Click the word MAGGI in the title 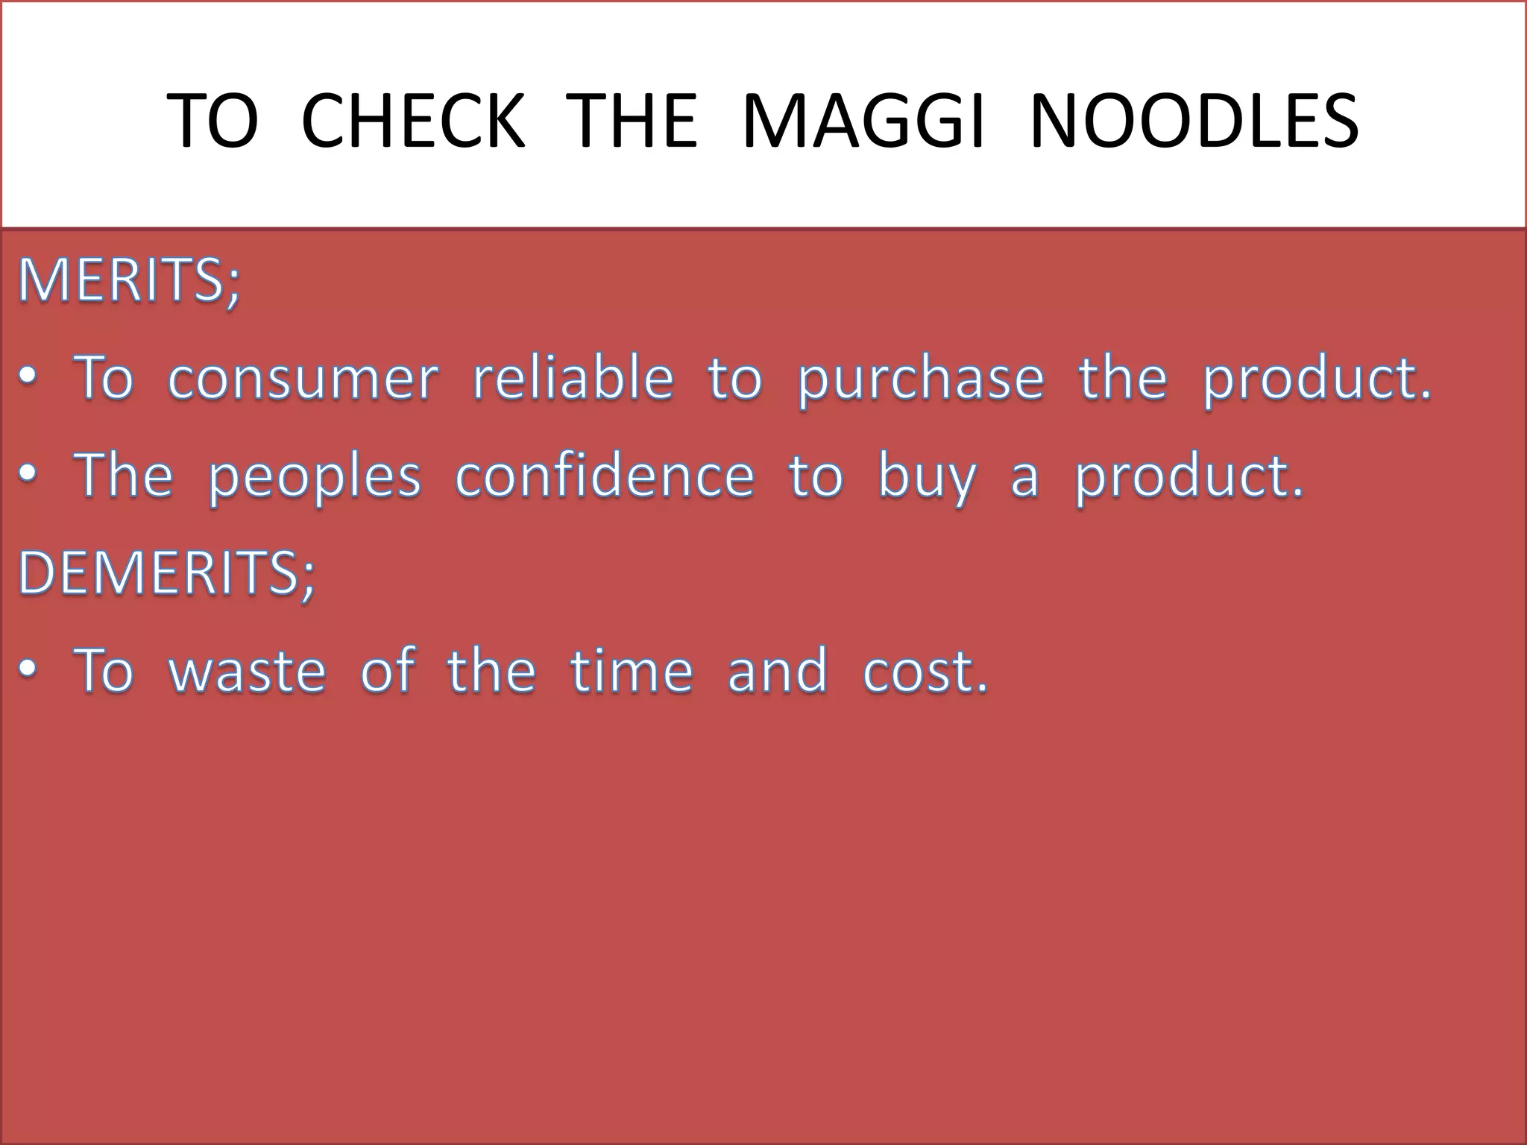[x=863, y=121]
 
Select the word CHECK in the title [x=414, y=121]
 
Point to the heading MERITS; [x=129, y=281]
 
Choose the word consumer [x=303, y=378]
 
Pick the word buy [x=927, y=478]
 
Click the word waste [x=248, y=670]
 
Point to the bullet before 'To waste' [x=28, y=671]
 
